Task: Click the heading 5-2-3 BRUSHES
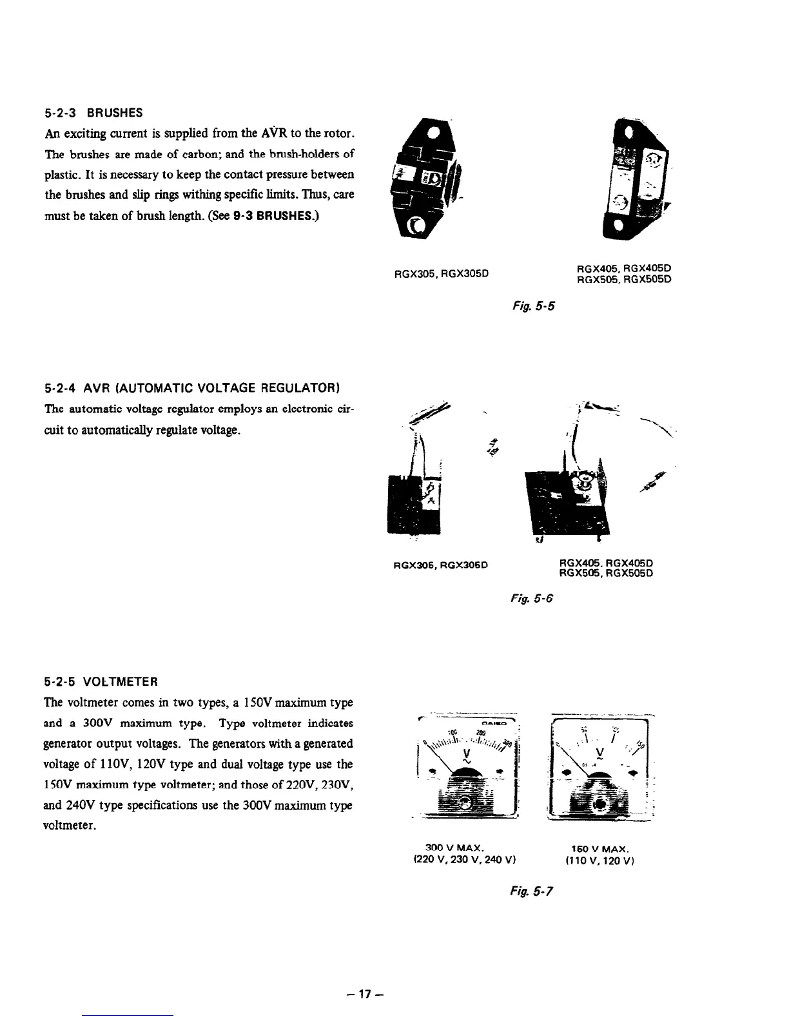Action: (x=93, y=113)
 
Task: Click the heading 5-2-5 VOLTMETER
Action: (x=101, y=682)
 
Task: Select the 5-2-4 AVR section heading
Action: (x=191, y=387)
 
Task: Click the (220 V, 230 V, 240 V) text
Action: (x=467, y=859)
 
